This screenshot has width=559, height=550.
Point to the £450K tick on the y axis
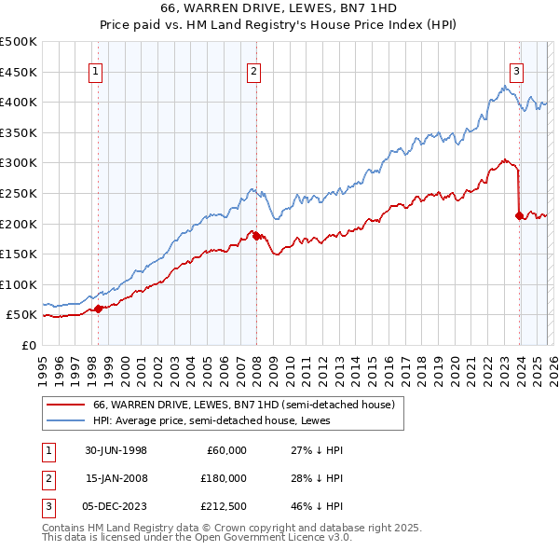[19, 72]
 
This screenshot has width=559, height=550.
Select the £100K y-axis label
[19, 284]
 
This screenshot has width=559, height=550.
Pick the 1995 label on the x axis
[43, 364]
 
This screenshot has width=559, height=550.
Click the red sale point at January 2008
[255, 236]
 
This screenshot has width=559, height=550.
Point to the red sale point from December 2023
[518, 215]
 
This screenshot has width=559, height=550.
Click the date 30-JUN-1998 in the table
[116, 450]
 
